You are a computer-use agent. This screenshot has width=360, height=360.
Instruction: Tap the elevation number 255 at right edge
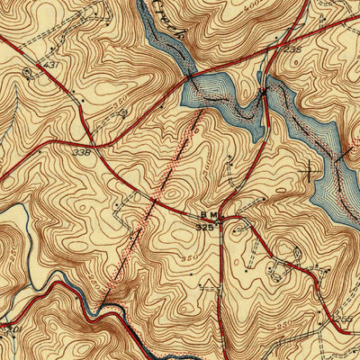coord(343,320)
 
